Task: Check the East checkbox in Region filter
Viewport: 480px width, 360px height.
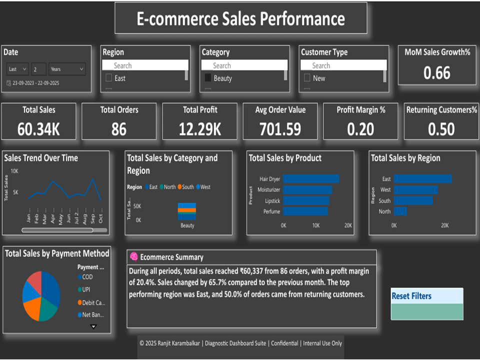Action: (x=108, y=78)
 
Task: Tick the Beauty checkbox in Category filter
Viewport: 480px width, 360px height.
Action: (x=207, y=78)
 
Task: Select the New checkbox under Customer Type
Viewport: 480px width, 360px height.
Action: (x=307, y=78)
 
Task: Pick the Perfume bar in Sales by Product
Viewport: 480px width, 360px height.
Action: (x=305, y=211)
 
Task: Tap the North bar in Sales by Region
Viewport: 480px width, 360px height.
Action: (x=400, y=211)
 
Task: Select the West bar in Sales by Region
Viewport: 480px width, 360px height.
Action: (x=415, y=189)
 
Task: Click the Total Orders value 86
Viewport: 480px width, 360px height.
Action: (x=119, y=129)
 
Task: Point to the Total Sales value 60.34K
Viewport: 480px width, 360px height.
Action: (x=38, y=129)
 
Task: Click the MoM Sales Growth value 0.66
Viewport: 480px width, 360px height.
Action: (x=436, y=73)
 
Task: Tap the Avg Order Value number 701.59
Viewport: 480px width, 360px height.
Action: (x=280, y=129)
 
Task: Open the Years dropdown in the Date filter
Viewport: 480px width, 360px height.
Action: (x=67, y=69)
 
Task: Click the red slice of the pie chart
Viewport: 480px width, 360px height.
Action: (x=34, y=282)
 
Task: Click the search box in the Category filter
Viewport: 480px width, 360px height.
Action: (x=244, y=65)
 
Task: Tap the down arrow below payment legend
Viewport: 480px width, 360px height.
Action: (x=93, y=326)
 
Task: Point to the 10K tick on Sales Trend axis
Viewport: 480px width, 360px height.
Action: (x=14, y=171)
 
